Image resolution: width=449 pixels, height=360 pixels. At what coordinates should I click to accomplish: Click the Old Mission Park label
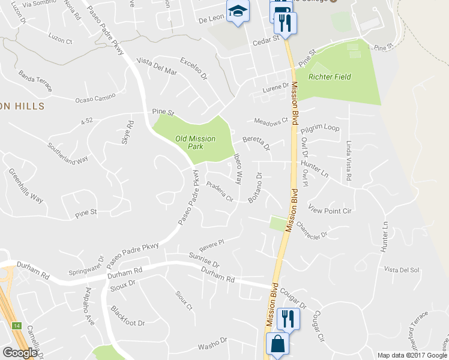tap(196, 142)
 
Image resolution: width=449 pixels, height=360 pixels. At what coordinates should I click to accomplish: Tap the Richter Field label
tap(330, 77)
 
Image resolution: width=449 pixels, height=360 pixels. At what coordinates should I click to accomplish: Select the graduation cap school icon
tap(238, 11)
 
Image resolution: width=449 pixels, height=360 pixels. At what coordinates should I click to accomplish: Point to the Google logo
tap(20, 353)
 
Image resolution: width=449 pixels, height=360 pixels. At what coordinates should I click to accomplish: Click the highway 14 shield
tap(14, 326)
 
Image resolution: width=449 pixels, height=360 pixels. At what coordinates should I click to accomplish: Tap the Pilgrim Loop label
tap(320, 128)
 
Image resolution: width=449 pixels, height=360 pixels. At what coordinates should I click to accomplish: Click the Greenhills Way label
tap(26, 185)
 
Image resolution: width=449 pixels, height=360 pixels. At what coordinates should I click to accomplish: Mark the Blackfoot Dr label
tap(128, 316)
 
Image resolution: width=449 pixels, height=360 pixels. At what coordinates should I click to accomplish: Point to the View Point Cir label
tap(330, 211)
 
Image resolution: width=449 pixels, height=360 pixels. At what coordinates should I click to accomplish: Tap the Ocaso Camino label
tap(95, 98)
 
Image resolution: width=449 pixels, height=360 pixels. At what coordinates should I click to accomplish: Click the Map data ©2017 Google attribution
tap(412, 355)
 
